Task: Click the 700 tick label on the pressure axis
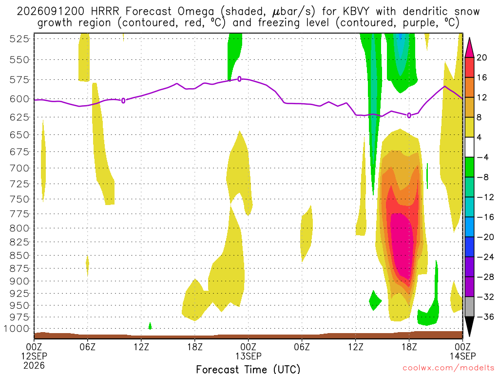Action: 19,168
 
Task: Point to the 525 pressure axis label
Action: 19,39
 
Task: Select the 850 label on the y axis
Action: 19,256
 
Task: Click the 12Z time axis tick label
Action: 141,347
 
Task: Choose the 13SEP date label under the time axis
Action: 248,356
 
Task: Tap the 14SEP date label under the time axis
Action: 463,356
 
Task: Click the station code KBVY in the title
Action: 356,12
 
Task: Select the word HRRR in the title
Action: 105,12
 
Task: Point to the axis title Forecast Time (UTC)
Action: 248,369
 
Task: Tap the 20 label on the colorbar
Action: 482,57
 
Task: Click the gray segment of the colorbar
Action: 469,307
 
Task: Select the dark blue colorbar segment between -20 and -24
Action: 469,247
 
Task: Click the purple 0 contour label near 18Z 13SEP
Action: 409,115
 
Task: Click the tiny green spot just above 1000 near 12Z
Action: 150,326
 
